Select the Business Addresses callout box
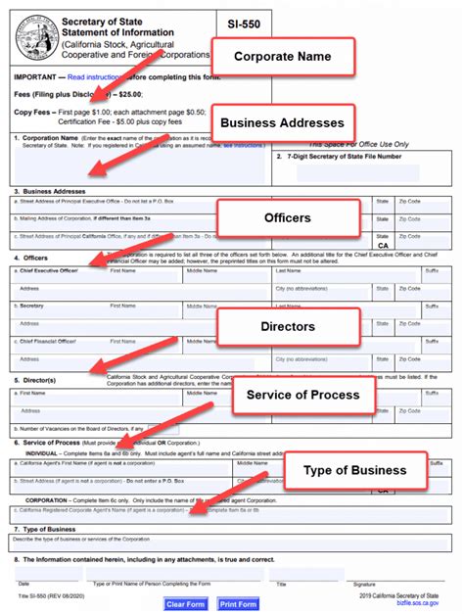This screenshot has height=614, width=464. click(282, 123)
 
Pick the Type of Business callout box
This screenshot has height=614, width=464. click(354, 470)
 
